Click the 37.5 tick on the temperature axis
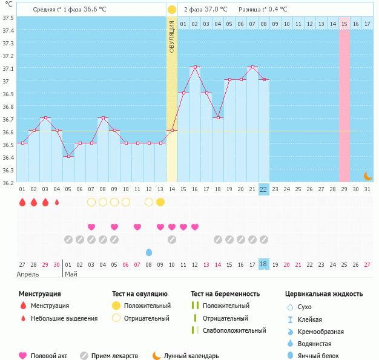tap(8, 18)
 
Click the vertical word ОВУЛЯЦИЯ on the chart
tap(172, 37)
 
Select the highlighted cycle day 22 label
tap(263, 189)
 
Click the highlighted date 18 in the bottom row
tap(263, 264)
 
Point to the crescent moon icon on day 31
tap(367, 175)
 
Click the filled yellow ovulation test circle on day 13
tap(160, 202)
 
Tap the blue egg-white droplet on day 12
tap(149, 252)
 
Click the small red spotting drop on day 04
tap(57, 202)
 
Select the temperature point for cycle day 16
tap(195, 67)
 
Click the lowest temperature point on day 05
tap(68, 156)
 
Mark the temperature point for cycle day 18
tap(218, 117)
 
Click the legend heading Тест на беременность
tap(225, 293)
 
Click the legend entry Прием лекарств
tap(114, 356)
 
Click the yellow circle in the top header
tap(172, 10)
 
